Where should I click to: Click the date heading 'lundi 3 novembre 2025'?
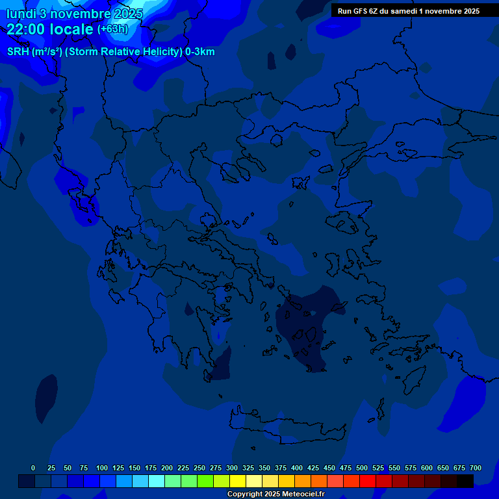(x=75, y=14)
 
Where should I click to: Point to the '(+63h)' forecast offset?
(x=112, y=29)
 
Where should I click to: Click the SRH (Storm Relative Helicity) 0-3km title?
(x=111, y=52)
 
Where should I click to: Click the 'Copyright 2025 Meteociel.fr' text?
(x=275, y=494)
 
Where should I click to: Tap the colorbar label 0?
(x=33, y=468)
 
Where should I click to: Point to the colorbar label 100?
(x=102, y=468)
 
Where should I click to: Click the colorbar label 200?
(x=167, y=468)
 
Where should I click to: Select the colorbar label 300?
(x=232, y=468)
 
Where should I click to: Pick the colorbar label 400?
(x=297, y=468)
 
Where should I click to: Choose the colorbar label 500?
(x=362, y=468)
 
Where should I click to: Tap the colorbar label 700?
(x=476, y=468)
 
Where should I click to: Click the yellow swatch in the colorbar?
(x=238, y=481)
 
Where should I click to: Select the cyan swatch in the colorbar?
(x=157, y=481)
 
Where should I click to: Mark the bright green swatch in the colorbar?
(x=205, y=481)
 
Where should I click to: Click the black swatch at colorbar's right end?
(x=465, y=481)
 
